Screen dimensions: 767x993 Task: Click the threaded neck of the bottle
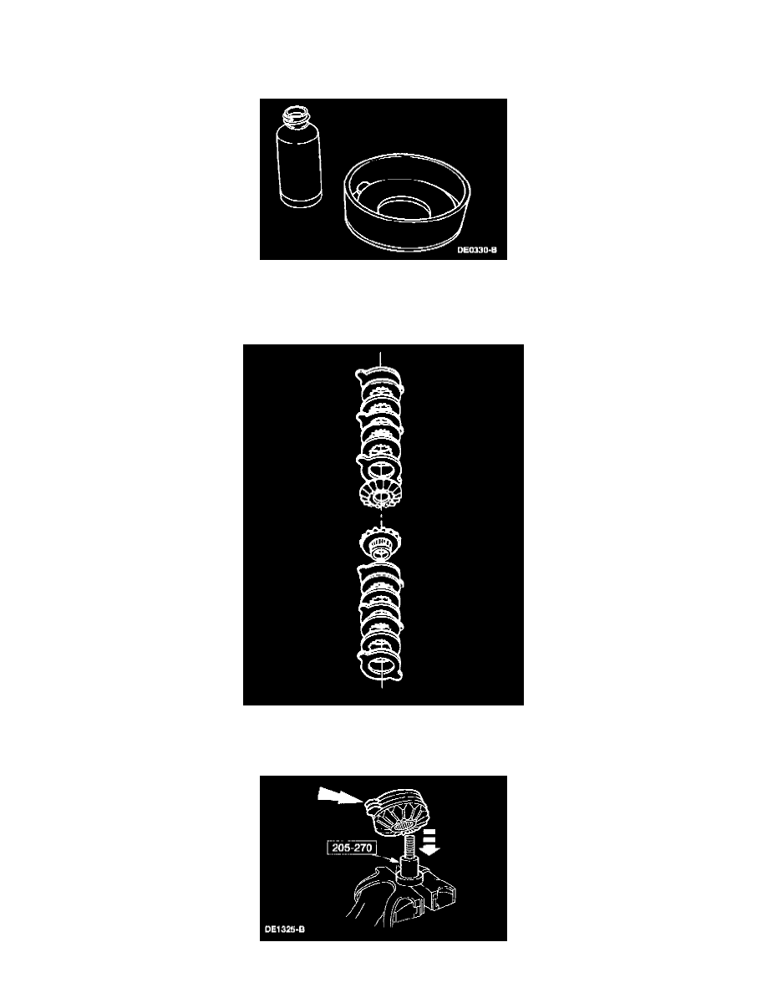pyautogui.click(x=298, y=117)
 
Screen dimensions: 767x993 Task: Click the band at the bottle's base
pyautogui.click(x=301, y=199)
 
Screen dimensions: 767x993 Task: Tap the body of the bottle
pyautogui.click(x=300, y=161)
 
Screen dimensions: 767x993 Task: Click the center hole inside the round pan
pyautogui.click(x=404, y=206)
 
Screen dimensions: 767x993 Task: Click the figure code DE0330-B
pyautogui.click(x=477, y=250)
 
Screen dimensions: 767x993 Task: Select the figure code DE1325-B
pyautogui.click(x=285, y=929)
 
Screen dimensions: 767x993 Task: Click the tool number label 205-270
pyautogui.click(x=352, y=848)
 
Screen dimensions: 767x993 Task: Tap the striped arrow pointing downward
pyautogui.click(x=430, y=840)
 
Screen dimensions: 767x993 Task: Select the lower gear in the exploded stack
pyautogui.click(x=381, y=544)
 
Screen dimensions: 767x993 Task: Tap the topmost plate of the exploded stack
pyautogui.click(x=379, y=378)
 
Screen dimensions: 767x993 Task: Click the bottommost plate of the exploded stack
pyautogui.click(x=380, y=665)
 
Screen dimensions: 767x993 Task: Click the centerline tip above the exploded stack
pyautogui.click(x=380, y=351)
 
